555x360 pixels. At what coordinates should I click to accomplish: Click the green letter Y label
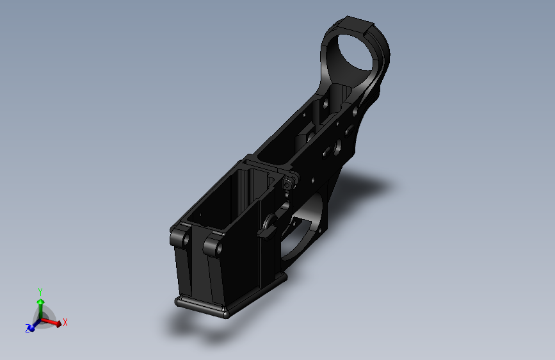point(40,292)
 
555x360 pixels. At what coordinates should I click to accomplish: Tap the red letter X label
point(65,322)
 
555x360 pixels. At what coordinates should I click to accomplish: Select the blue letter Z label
point(28,329)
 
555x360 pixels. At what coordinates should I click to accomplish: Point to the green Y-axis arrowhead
point(41,302)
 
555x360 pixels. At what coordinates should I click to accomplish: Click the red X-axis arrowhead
point(58,323)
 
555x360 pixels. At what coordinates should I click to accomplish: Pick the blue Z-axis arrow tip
point(31,329)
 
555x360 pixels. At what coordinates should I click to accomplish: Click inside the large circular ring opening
point(355,52)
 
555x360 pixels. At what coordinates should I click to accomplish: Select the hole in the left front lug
point(185,240)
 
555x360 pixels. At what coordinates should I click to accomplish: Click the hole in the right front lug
point(218,248)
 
